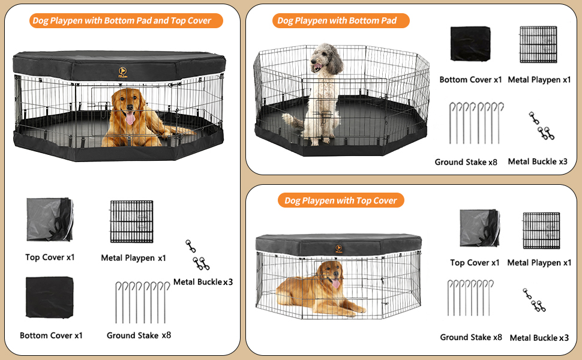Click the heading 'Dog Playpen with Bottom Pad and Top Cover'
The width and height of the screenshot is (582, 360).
pyautogui.click(x=122, y=20)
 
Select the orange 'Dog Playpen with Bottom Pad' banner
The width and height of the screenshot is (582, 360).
pyautogui.click(x=337, y=20)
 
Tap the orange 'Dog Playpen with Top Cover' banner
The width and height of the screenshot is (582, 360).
pyautogui.click(x=340, y=200)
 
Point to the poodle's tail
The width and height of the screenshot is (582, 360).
pyautogui.click(x=292, y=120)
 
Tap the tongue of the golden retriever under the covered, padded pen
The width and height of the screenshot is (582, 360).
pyautogui.click(x=130, y=119)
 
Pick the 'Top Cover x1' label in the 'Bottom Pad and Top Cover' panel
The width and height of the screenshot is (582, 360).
pyautogui.click(x=50, y=257)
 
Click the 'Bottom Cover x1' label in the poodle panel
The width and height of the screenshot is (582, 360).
pyautogui.click(x=470, y=79)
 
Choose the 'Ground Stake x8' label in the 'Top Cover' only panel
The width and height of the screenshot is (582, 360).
pyautogui.click(x=471, y=337)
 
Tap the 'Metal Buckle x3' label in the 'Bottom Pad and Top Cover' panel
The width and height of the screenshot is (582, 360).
pyautogui.click(x=203, y=281)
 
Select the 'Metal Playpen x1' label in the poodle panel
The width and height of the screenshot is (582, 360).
pyautogui.click(x=539, y=79)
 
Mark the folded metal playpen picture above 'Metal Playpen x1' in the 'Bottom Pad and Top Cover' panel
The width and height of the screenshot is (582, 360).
pyautogui.click(x=131, y=221)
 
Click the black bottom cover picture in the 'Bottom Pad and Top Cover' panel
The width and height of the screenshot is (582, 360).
pyautogui.click(x=50, y=298)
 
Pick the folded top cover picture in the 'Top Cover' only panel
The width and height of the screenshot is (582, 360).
pyautogui.click(x=479, y=227)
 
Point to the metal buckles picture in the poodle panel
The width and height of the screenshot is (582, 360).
pyautogui.click(x=541, y=127)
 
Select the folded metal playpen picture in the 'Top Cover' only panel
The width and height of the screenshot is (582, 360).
pyautogui.click(x=541, y=230)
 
